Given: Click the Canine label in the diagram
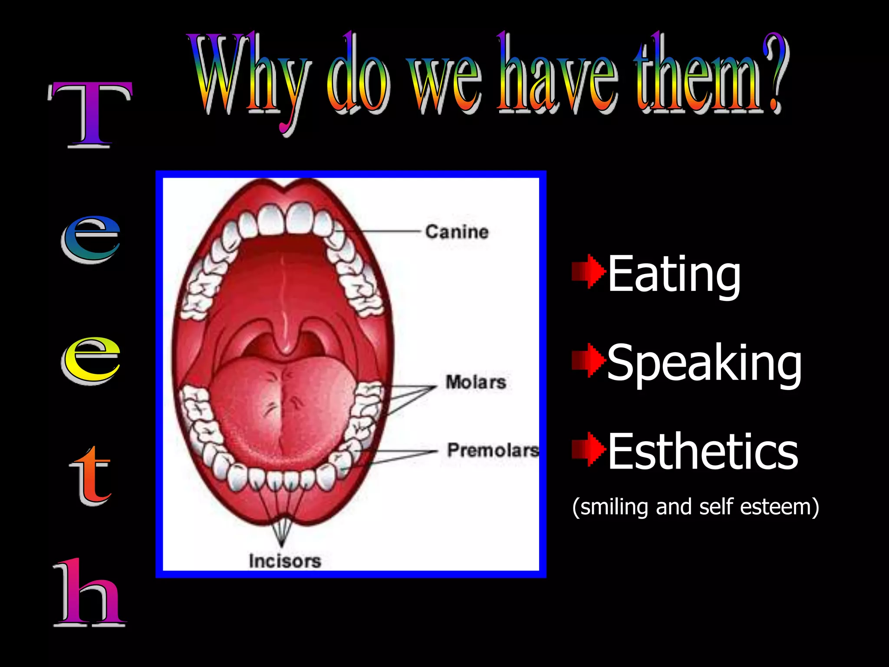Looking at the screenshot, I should click(x=457, y=232).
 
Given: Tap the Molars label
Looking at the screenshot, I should click(x=476, y=382).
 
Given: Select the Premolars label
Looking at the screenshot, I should click(x=493, y=450).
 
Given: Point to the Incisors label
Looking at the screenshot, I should click(x=285, y=561).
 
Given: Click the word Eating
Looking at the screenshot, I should click(x=674, y=274).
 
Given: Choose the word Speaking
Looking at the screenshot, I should click(x=704, y=363).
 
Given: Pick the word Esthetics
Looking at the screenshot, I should click(x=702, y=452).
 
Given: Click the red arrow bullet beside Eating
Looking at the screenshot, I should click(x=588, y=272).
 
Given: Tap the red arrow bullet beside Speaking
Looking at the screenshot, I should click(x=588, y=360).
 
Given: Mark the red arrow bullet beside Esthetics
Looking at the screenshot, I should click(x=588, y=449).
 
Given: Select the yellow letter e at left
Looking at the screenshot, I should click(x=90, y=360).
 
